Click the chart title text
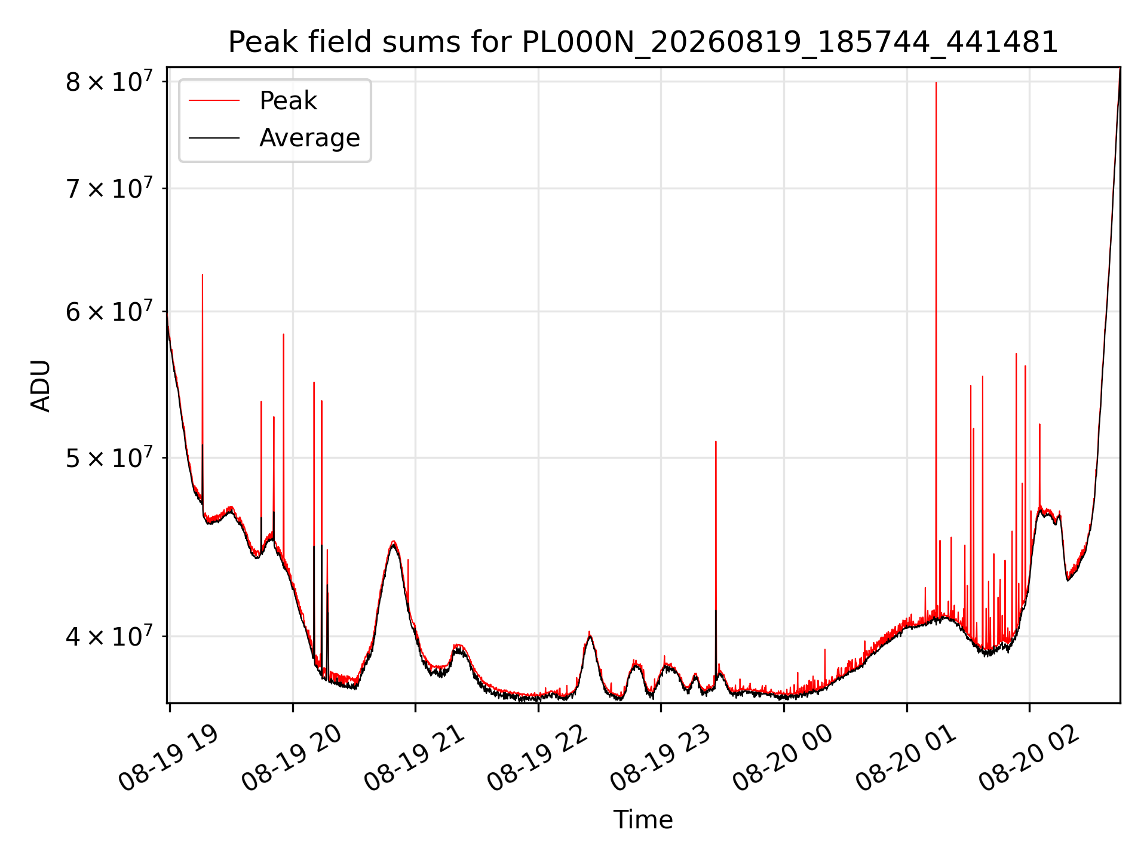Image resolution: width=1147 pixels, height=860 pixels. tap(643, 42)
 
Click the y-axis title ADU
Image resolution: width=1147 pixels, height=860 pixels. tap(41, 385)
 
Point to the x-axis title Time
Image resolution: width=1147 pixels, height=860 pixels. tap(643, 820)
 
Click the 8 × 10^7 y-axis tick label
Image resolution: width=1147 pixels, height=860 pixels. tap(109, 81)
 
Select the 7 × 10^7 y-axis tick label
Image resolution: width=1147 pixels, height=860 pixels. tap(109, 188)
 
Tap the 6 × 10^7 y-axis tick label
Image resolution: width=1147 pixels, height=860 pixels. tap(109, 311)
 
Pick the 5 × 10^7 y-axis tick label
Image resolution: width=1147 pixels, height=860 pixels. tap(109, 458)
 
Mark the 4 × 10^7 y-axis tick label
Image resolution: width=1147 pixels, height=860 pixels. tap(109, 636)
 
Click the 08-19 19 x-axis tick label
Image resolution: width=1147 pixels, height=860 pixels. tap(168, 758)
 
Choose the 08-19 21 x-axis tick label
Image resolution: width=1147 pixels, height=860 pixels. tap(415, 758)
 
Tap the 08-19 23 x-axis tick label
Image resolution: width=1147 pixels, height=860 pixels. tap(660, 758)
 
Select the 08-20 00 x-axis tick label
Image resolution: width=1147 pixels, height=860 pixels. tap(783, 758)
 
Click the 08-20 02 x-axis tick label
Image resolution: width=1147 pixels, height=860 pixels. tap(1029, 758)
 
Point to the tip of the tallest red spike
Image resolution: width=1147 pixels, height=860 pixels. tap(936, 82)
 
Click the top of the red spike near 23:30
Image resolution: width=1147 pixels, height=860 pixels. tap(716, 441)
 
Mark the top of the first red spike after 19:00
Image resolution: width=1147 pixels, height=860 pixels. tap(203, 275)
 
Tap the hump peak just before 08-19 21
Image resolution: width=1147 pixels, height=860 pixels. tap(393, 542)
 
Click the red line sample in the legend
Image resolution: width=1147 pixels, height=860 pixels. tap(214, 101)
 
